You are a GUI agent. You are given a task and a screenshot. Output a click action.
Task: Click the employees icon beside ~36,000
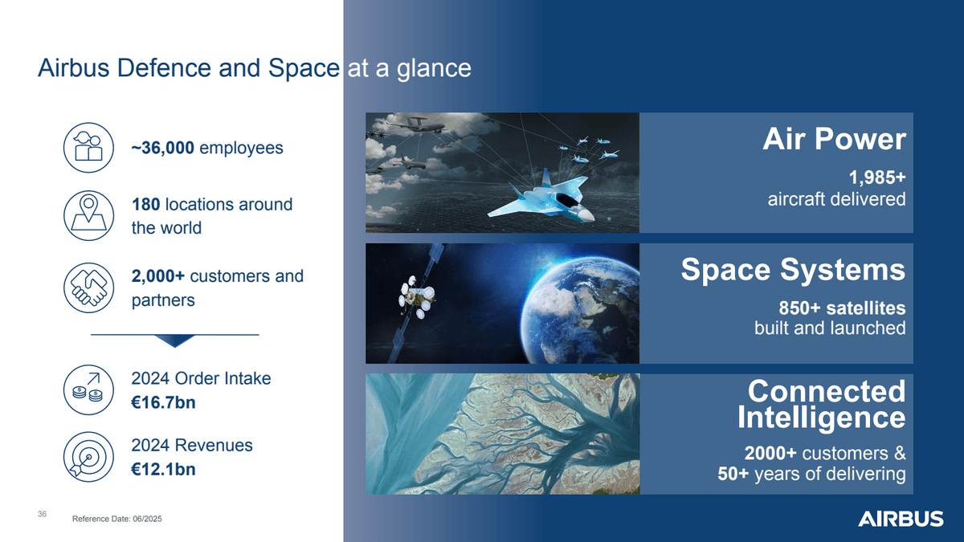pos(88,149)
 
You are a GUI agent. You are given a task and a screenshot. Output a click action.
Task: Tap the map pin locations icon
pos(88,216)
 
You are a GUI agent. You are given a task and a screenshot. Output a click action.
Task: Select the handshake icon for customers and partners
pos(88,287)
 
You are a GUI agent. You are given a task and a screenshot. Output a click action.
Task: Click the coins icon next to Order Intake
pos(88,389)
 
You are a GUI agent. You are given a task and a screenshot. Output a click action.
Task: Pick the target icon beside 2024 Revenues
pos(88,458)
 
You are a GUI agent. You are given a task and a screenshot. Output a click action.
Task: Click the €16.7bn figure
pos(163,403)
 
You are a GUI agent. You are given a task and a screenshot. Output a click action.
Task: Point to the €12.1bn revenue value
pos(163,470)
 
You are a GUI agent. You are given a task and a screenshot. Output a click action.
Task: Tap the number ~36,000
pos(162,149)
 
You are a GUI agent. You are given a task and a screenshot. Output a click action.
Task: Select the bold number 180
pos(145,205)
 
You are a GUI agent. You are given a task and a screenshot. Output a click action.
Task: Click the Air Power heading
pos(833,140)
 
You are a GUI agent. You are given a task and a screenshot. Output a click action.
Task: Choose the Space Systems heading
pos(793,270)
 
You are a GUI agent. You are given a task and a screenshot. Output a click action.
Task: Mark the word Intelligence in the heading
pos(821,418)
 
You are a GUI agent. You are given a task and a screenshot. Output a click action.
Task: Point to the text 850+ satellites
pos(842,308)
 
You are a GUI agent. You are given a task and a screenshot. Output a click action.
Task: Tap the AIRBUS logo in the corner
pos(901,519)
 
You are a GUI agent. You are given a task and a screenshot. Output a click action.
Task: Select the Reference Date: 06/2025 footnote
pos(117,520)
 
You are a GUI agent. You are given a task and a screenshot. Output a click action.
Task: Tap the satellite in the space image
pos(418,297)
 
